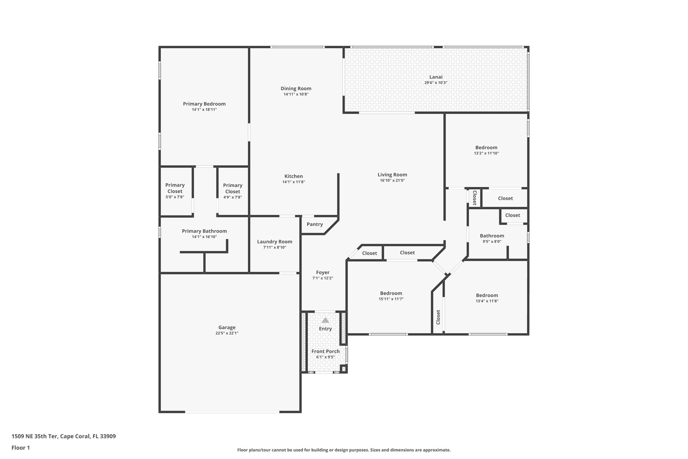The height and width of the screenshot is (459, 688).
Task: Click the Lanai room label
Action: pos(436,77)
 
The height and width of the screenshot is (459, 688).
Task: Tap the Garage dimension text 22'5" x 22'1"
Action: pos(227,333)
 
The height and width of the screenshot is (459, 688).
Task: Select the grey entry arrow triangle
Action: pos(325,320)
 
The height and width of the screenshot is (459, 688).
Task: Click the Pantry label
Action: pos(315,224)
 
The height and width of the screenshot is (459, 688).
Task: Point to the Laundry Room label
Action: pos(274,241)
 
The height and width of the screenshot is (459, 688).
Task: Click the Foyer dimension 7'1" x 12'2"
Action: pos(322,278)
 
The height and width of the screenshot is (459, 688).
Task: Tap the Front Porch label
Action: pos(325,351)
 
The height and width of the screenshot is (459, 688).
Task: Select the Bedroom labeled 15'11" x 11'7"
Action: pos(391,293)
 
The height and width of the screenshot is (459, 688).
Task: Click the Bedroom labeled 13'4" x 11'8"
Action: pos(487,295)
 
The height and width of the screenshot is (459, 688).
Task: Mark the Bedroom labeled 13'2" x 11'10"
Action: pos(486,147)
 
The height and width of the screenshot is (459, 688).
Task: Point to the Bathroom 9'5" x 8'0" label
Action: pos(492,236)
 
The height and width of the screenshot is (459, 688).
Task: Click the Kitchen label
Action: pos(294,176)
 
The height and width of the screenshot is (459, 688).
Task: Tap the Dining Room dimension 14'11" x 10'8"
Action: pos(296,94)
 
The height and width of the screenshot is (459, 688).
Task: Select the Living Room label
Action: pos(392,175)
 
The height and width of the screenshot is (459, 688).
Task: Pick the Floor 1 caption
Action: pos(20,448)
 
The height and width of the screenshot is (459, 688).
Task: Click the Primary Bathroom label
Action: pos(204,231)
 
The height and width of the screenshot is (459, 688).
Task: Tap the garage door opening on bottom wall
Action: pos(232,412)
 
